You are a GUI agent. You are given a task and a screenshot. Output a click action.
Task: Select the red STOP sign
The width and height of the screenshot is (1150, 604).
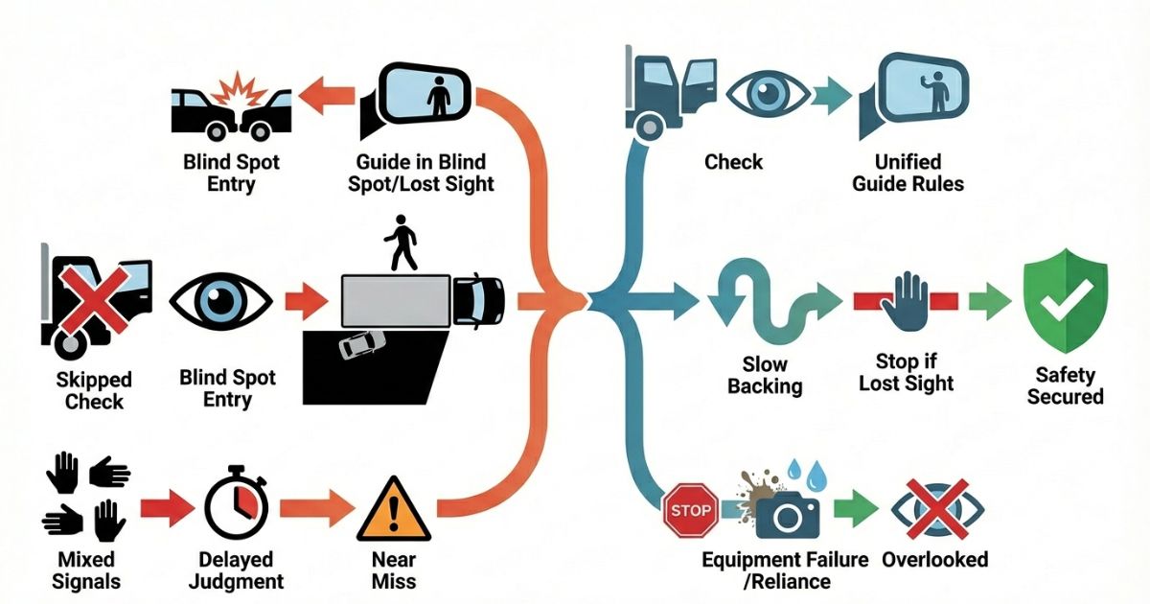[689, 511]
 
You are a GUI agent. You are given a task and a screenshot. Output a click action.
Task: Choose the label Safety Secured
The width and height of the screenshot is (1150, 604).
[1065, 384]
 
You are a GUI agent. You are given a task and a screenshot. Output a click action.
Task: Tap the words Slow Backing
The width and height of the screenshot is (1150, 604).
[765, 375]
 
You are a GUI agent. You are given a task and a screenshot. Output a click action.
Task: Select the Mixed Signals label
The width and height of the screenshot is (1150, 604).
[85, 569]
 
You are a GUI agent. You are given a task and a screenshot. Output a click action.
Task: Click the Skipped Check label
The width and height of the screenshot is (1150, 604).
[93, 390]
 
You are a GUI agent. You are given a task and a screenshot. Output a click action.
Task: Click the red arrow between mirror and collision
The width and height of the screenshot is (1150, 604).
[326, 95]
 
